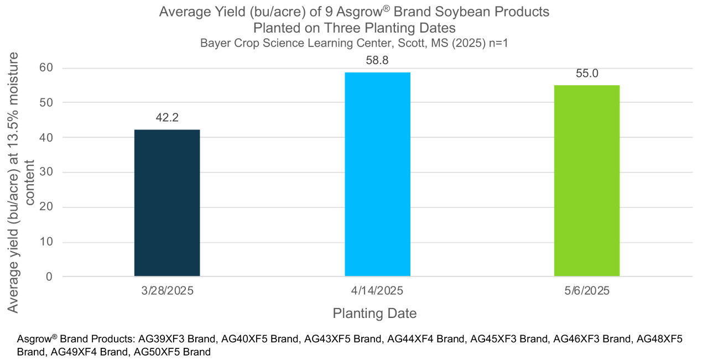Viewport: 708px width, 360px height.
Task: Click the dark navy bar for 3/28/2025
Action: click(x=167, y=203)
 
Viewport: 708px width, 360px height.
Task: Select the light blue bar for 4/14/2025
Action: click(x=377, y=174)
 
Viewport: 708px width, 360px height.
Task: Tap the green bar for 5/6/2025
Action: click(x=587, y=181)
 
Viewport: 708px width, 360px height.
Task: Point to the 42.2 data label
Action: click(x=167, y=117)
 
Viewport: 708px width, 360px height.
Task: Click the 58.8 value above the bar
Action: click(x=377, y=60)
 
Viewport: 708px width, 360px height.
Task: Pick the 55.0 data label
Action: click(x=587, y=73)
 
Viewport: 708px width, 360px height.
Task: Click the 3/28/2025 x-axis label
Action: click(x=167, y=291)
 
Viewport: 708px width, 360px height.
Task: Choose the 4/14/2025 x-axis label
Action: click(x=377, y=291)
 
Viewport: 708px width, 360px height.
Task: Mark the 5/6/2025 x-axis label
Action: click(x=587, y=291)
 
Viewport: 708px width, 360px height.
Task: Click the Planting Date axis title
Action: click(x=374, y=313)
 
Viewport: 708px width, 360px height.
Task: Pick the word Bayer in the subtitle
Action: click(x=214, y=43)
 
